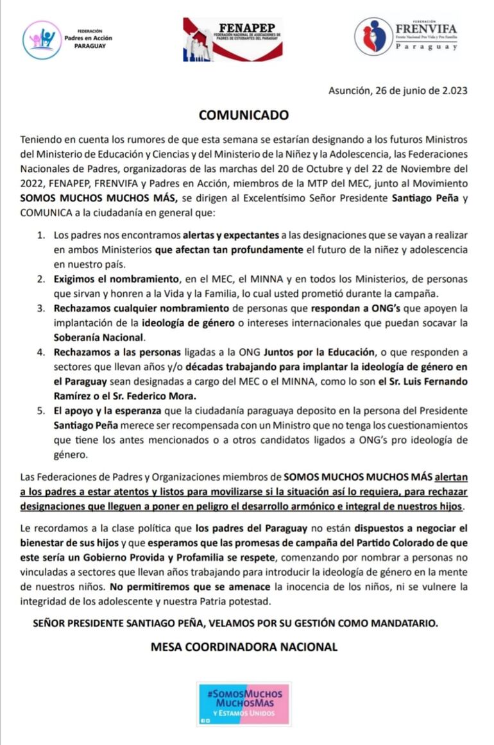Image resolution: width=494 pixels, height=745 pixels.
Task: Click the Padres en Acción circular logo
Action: pyautogui.click(x=42, y=39)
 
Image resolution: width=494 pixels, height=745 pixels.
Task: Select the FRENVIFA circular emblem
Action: pyautogui.click(x=373, y=37)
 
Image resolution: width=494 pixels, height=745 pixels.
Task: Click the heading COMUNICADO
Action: pyautogui.click(x=244, y=115)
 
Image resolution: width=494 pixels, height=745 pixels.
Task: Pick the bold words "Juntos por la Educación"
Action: pyautogui.click(x=319, y=353)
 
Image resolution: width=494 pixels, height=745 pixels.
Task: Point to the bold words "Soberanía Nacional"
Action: pyautogui.click(x=99, y=337)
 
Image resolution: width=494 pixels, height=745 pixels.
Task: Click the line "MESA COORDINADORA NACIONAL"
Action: pyautogui.click(x=244, y=647)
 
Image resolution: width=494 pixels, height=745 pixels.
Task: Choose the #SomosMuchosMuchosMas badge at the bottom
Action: pyautogui.click(x=244, y=703)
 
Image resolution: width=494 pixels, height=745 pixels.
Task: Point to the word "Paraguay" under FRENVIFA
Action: pyautogui.click(x=425, y=47)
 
